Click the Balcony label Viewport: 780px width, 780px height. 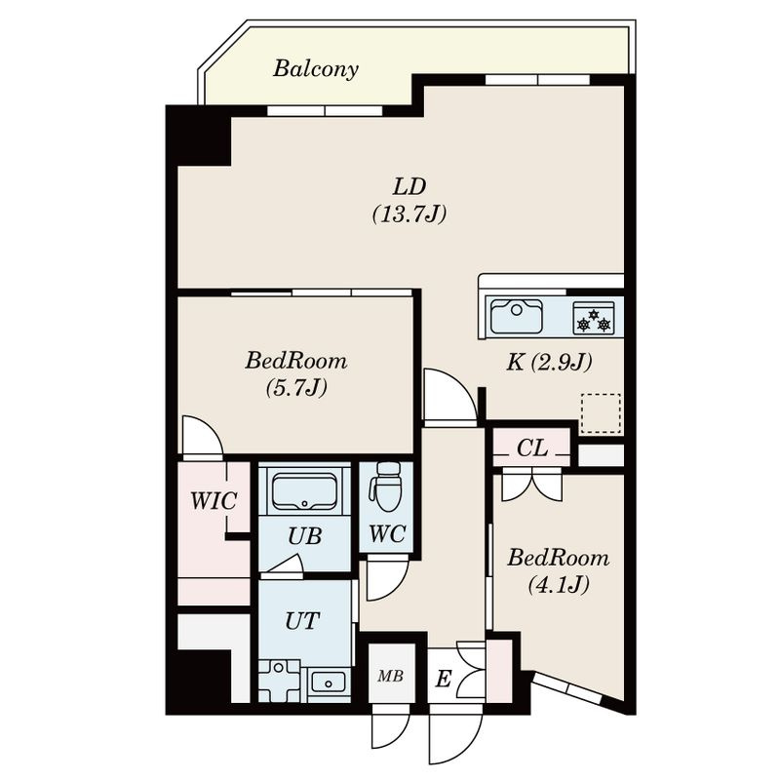pos(315,68)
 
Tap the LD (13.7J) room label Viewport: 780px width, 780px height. pos(409,201)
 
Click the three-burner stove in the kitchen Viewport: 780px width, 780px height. pos(593,318)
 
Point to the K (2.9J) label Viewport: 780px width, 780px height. pos(549,363)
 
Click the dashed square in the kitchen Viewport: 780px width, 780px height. pos(601,412)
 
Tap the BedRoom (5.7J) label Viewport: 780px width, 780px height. pos(296,373)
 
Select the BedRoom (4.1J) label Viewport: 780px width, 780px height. pos(558,571)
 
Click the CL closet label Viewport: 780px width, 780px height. pos(531,448)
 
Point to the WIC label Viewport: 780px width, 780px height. pos(214,501)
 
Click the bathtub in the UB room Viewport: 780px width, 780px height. pos(304,491)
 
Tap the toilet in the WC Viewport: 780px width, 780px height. pos(386,486)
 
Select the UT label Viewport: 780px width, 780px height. pos(302,621)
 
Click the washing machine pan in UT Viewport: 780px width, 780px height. pos(279,681)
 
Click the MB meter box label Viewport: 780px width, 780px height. pos(391,676)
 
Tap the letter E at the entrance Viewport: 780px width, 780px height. pos(444,679)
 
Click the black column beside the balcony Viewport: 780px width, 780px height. pos(199,136)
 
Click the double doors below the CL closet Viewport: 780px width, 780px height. pos(531,485)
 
